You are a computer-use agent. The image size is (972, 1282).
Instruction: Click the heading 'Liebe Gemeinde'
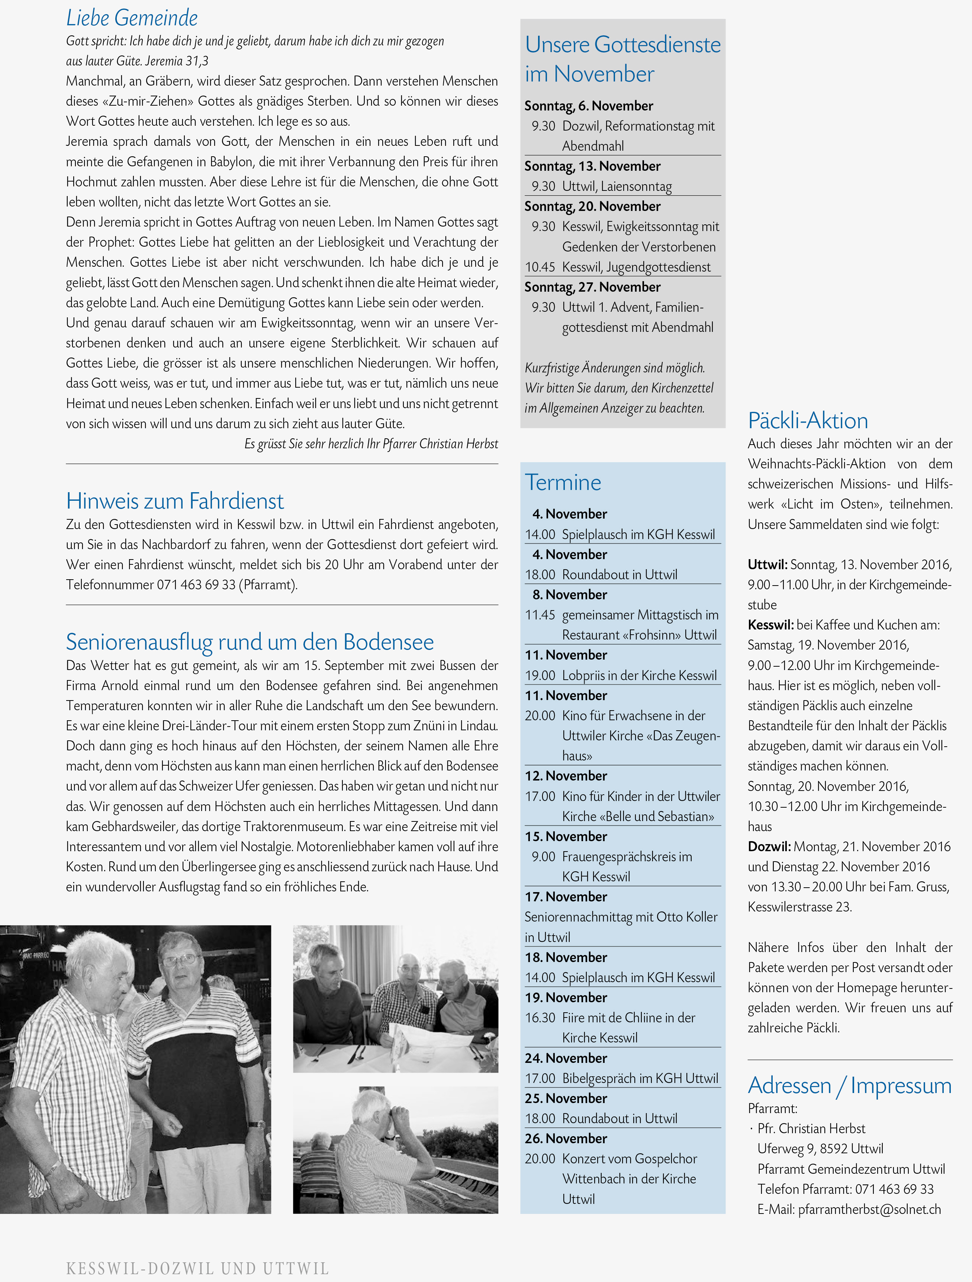pyautogui.click(x=132, y=18)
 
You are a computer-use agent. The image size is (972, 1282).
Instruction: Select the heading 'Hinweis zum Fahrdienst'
pyautogui.click(x=174, y=501)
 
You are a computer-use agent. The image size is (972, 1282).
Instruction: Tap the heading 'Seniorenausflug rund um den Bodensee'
pyautogui.click(x=249, y=642)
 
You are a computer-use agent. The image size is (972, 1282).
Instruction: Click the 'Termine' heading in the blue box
pyautogui.click(x=563, y=482)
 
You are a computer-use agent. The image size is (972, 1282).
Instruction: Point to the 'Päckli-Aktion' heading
pyautogui.click(x=808, y=420)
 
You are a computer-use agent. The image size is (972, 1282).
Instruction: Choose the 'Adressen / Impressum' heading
pyautogui.click(x=849, y=1085)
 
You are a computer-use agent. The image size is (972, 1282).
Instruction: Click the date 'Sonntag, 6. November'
pyautogui.click(x=589, y=106)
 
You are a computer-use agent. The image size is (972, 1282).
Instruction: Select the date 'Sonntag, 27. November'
pyautogui.click(x=592, y=287)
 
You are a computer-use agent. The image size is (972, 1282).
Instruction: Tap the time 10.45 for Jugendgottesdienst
pyautogui.click(x=540, y=267)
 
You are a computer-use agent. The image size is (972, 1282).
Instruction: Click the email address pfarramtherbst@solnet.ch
pyautogui.click(x=869, y=1209)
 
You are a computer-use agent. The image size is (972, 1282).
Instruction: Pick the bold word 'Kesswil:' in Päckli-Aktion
pyautogui.click(x=770, y=625)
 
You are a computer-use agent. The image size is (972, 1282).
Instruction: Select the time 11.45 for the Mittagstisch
pyautogui.click(x=540, y=615)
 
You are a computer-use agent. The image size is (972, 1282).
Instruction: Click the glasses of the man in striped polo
pyautogui.click(x=180, y=959)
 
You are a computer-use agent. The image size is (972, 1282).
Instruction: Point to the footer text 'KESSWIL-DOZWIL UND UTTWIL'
pyautogui.click(x=197, y=1268)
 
